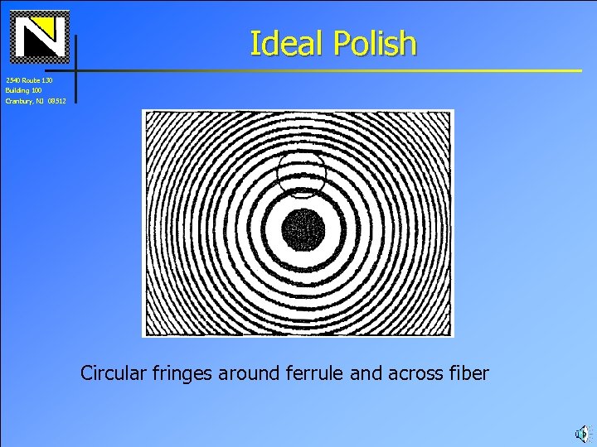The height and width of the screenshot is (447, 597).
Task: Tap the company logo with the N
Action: (x=40, y=36)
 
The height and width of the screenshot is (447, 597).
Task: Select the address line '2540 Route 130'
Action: (x=28, y=80)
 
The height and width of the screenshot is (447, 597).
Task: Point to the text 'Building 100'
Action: (x=23, y=90)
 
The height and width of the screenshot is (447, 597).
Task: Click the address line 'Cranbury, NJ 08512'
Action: (x=35, y=101)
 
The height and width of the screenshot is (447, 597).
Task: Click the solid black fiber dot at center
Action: (x=303, y=229)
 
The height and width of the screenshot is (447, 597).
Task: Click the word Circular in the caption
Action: (x=113, y=373)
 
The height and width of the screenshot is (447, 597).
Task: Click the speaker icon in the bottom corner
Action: (x=582, y=432)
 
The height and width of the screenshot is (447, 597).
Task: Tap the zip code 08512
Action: (x=56, y=101)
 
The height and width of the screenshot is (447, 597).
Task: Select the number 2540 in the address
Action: (x=12, y=80)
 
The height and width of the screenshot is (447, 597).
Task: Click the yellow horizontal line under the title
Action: (x=332, y=70)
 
